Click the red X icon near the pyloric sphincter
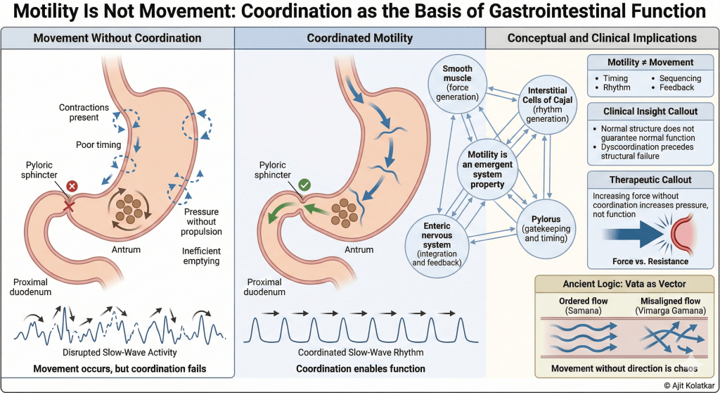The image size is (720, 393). click(x=70, y=187)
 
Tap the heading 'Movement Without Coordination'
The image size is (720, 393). click(x=117, y=38)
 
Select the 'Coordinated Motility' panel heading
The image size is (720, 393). click(x=360, y=38)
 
